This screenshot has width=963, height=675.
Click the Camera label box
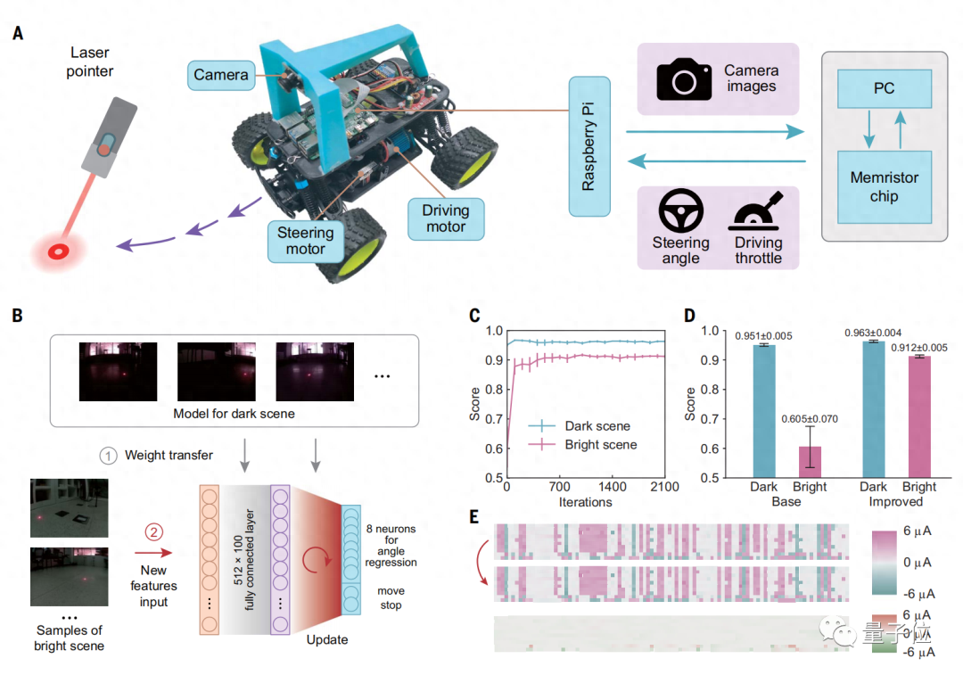click(220, 75)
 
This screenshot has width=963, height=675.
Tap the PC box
click(884, 88)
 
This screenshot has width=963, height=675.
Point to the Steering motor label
click(305, 241)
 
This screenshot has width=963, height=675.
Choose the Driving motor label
click(446, 218)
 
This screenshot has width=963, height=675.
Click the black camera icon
click(684, 79)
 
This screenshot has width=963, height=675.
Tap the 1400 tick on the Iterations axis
click(612, 488)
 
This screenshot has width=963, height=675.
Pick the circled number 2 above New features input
click(153, 535)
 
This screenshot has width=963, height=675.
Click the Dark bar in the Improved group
click(874, 409)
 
